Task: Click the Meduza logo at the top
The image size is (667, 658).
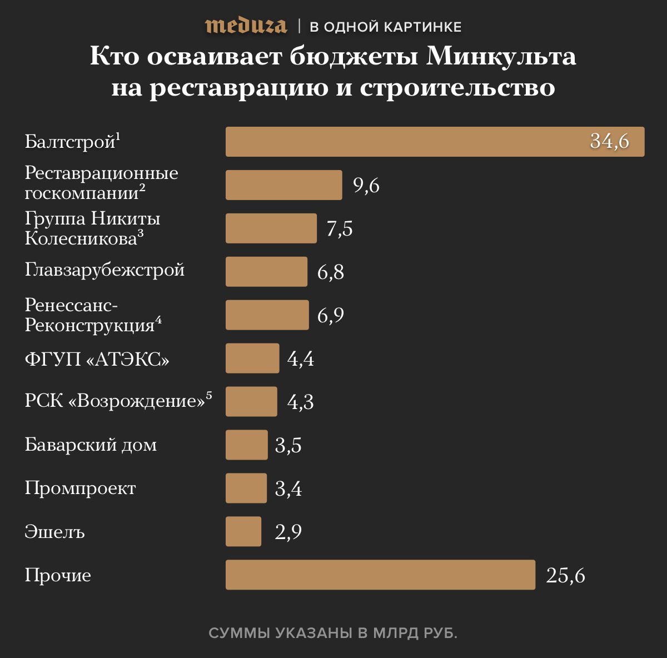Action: (x=246, y=26)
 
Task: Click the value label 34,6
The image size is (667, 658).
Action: (x=609, y=141)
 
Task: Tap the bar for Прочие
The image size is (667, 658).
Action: (x=380, y=575)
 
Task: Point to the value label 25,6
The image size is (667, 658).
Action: (x=565, y=575)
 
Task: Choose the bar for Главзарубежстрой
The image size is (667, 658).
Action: (x=266, y=272)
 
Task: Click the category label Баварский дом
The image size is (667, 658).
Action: (x=91, y=445)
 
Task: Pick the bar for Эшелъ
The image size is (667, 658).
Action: (x=243, y=531)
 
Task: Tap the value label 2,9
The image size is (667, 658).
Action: (x=288, y=532)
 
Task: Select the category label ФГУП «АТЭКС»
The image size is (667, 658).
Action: (x=97, y=359)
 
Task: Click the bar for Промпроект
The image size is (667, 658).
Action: (x=246, y=488)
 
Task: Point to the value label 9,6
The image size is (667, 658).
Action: (x=366, y=185)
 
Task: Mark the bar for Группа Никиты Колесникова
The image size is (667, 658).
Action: (x=271, y=228)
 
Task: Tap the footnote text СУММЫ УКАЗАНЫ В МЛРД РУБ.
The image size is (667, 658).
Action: (x=333, y=633)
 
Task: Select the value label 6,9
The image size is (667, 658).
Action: (x=331, y=315)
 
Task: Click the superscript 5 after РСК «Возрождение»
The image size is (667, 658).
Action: (x=209, y=395)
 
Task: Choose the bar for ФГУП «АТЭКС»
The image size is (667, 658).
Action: (x=252, y=358)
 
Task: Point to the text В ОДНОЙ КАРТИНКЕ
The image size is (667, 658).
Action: (x=385, y=27)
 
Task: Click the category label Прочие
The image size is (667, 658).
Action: (x=58, y=575)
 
